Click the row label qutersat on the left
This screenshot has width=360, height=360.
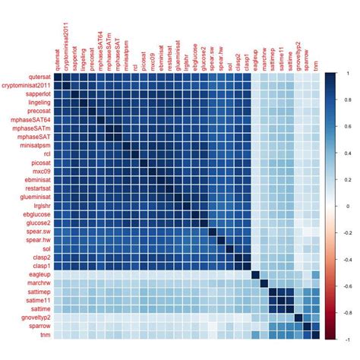[x=36, y=77]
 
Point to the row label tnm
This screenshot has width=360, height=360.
[x=44, y=334]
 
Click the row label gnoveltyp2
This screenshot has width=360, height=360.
[x=33, y=314]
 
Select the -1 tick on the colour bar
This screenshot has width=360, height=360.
[x=346, y=338]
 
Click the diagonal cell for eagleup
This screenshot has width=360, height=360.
[x=256, y=274]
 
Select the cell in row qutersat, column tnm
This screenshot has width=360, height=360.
[x=315, y=77]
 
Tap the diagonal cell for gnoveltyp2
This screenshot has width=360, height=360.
[x=295, y=314]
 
